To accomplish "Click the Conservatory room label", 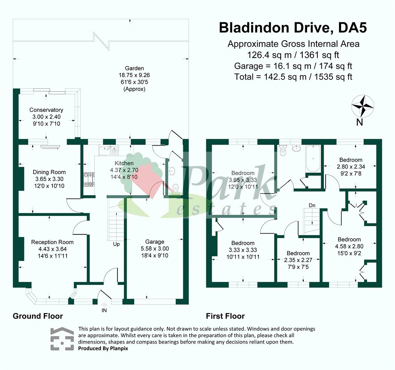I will [46, 110].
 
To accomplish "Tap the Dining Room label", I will [49, 172].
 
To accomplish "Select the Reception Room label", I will [52, 242].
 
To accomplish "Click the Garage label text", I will [154, 242].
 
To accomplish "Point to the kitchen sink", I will [108, 150].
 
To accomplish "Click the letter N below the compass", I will [359, 122].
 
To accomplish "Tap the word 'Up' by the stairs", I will [116, 244].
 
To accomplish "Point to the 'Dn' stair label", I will [312, 205].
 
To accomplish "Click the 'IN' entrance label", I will [104, 310].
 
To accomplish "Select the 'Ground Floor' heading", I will [38, 316].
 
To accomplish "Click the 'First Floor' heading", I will [225, 316].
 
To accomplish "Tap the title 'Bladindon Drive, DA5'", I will [293, 28].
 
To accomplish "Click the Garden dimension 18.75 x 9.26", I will [134, 75].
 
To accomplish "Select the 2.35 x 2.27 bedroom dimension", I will [298, 260].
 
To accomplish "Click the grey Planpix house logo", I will [62, 339].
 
